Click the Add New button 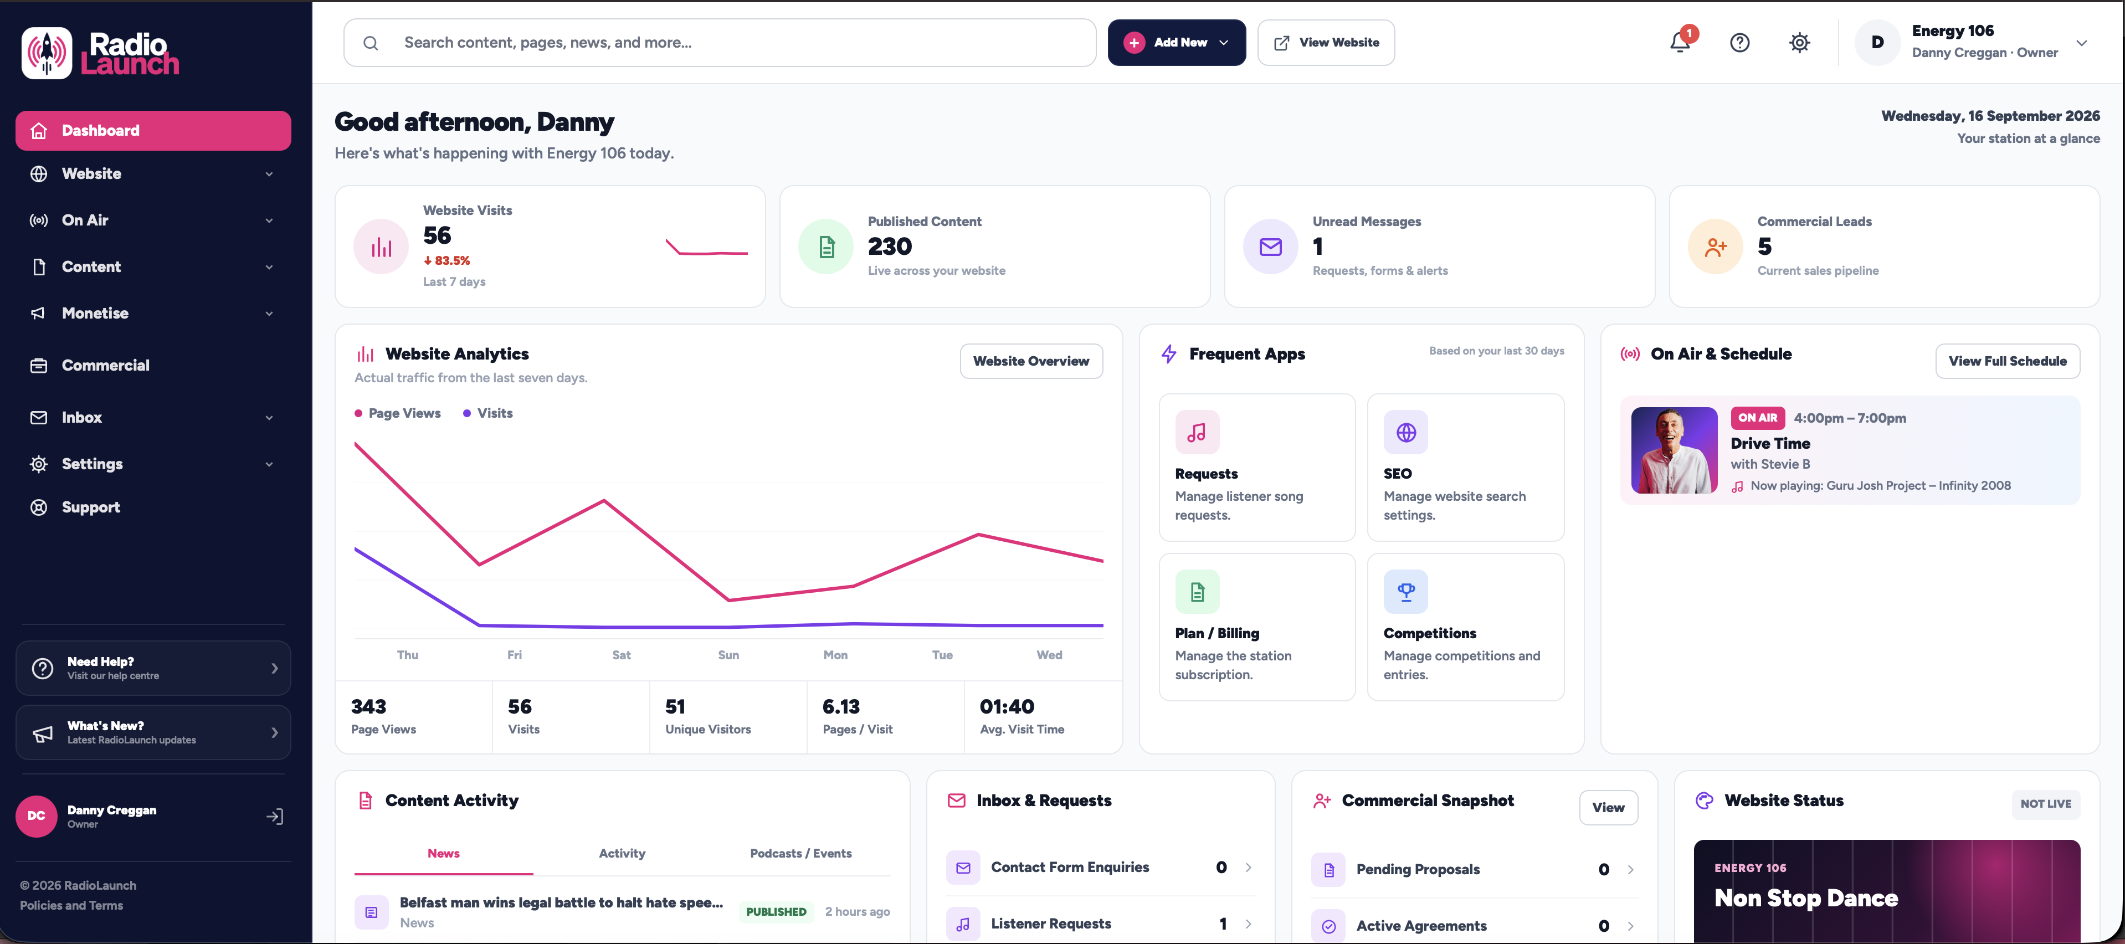click(x=1177, y=43)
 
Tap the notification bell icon click(x=1680, y=42)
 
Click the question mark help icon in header click(x=1740, y=43)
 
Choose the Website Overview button click(x=1031, y=361)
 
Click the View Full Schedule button click(x=2007, y=361)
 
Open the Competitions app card click(x=1465, y=627)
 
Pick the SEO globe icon click(x=1405, y=433)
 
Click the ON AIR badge click(x=1757, y=418)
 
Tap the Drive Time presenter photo click(x=1674, y=450)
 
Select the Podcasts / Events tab click(x=800, y=853)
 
